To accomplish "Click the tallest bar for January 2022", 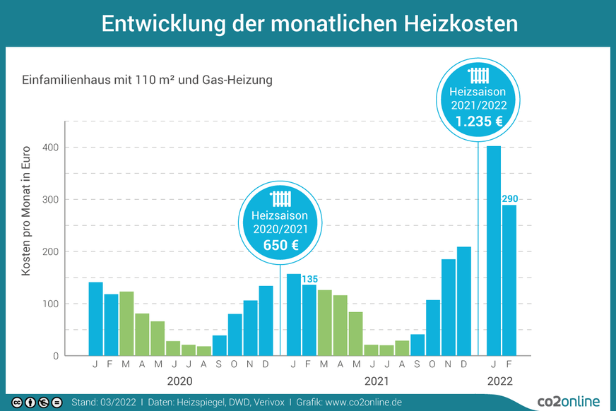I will pos(494,251).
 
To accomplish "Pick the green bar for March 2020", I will pos(126,323).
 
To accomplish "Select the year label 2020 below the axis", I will pos(179,381).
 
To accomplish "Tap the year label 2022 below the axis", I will pos(500,381).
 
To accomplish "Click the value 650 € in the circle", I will pos(280,244).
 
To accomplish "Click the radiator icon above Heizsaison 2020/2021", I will pos(280,198).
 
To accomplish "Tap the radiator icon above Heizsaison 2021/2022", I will pos(479,76).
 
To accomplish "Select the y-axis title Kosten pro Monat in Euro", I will pos(26,210).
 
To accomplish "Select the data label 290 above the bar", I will pos(509,199).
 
